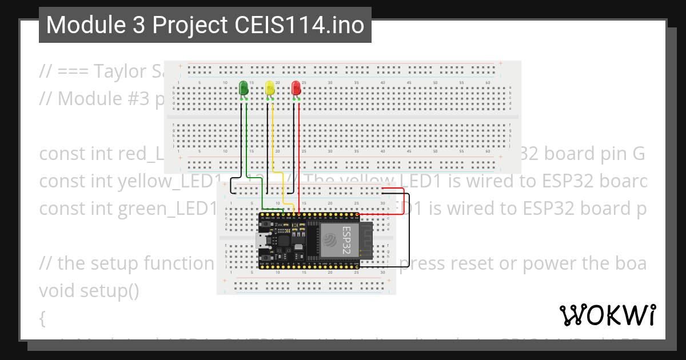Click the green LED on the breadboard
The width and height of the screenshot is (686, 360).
[x=243, y=88]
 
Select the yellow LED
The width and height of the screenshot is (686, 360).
[x=270, y=88]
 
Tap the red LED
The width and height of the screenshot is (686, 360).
[x=296, y=88]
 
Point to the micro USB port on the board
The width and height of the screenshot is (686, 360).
[x=261, y=241]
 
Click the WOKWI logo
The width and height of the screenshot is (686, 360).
[x=608, y=315]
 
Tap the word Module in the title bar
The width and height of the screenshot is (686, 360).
[x=79, y=25]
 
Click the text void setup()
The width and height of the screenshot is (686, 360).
[x=89, y=291]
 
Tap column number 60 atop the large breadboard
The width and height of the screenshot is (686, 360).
[x=488, y=83]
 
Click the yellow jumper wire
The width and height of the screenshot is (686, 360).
[x=273, y=143]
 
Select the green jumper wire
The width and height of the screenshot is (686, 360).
[x=246, y=143]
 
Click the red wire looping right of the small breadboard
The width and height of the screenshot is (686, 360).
[x=404, y=200]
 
